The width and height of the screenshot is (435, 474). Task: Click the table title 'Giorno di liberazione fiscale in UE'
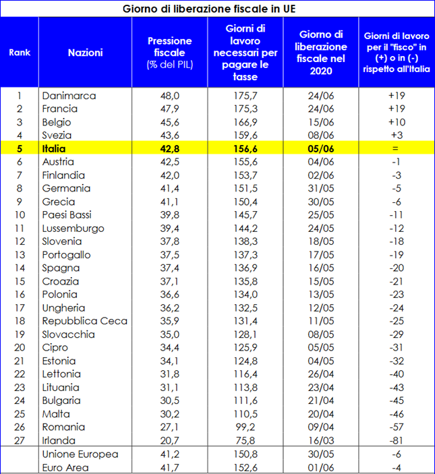click(x=209, y=9)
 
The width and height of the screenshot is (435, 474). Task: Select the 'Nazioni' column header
click(x=85, y=53)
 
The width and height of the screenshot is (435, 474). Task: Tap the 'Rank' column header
click(x=20, y=53)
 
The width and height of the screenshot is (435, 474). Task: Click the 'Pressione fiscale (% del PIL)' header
click(x=169, y=53)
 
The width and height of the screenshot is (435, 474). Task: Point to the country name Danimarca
click(x=69, y=96)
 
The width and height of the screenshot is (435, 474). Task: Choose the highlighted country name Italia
click(x=54, y=148)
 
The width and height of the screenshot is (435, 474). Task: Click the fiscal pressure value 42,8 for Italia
click(x=169, y=148)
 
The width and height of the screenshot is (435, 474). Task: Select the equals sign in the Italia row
click(x=395, y=148)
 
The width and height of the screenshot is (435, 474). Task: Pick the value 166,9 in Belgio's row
click(x=245, y=122)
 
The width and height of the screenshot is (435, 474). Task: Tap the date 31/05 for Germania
click(x=321, y=188)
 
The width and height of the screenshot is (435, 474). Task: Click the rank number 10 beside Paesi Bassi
click(x=20, y=215)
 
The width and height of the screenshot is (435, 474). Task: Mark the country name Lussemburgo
click(x=73, y=228)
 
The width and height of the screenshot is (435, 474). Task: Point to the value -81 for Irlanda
click(x=397, y=440)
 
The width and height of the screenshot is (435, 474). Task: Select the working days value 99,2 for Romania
click(x=245, y=427)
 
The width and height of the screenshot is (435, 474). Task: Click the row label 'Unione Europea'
click(x=80, y=454)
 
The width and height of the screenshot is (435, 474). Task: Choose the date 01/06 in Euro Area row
click(x=321, y=467)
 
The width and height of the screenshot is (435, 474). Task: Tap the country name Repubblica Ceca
click(x=85, y=321)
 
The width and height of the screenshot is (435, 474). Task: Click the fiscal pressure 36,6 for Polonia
click(x=169, y=295)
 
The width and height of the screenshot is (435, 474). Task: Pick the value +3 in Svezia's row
click(x=397, y=135)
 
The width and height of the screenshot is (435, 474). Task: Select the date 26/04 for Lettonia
click(x=321, y=374)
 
